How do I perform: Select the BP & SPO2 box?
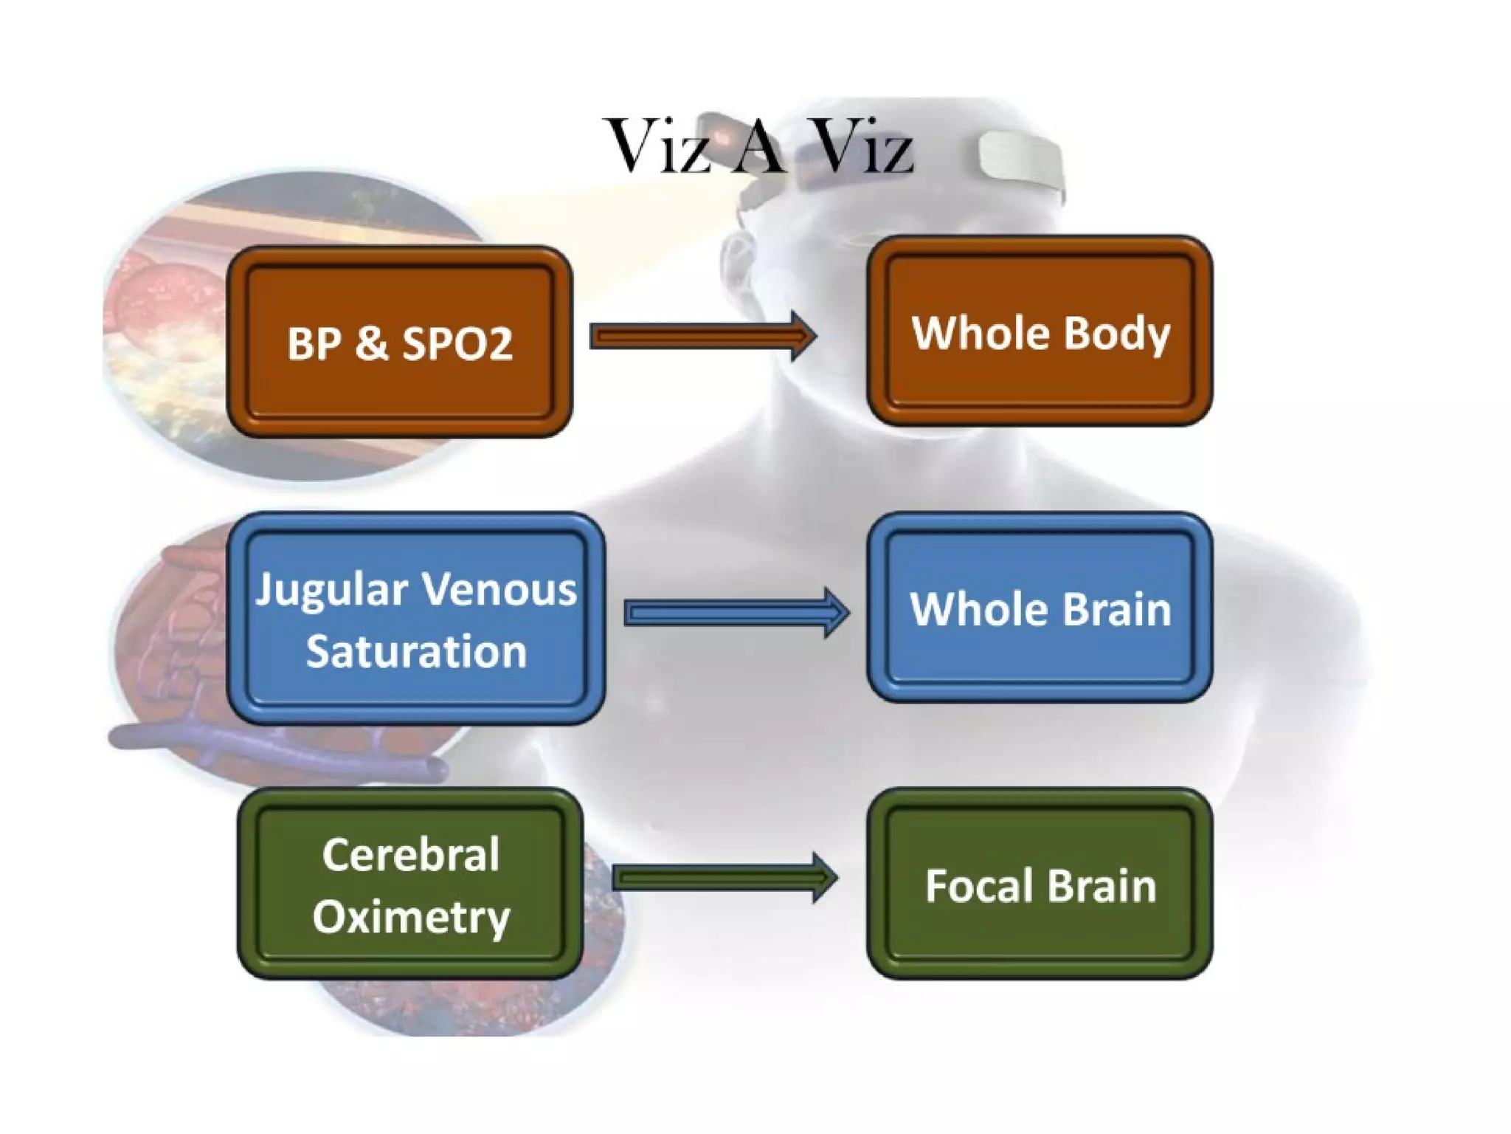[x=399, y=341]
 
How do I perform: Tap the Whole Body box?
[x=1040, y=331]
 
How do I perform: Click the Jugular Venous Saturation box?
[x=415, y=619]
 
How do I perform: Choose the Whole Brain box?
[x=1040, y=608]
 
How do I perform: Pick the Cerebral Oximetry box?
[x=410, y=884]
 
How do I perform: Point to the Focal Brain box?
[x=1040, y=884]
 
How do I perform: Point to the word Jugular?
[x=331, y=591]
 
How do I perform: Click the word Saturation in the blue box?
[x=416, y=652]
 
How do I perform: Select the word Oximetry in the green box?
[x=411, y=917]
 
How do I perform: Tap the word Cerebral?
[x=411, y=855]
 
